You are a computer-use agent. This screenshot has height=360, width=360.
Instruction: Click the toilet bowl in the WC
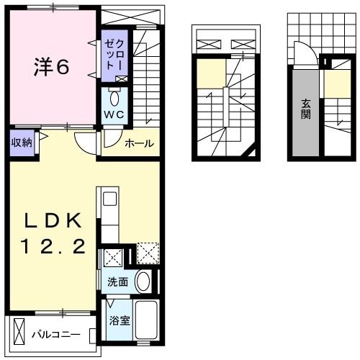114,98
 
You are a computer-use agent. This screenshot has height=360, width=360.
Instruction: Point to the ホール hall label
139,144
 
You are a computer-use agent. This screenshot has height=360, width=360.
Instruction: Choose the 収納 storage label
22,142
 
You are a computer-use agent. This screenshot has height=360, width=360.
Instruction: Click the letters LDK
50,220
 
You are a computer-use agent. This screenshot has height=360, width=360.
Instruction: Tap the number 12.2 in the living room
50,247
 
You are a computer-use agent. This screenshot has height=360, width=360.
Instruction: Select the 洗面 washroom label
117,282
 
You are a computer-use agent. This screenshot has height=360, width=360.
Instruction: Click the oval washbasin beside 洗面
143,282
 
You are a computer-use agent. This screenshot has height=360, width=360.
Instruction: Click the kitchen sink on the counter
110,200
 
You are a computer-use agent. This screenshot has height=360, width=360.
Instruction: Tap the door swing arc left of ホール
88,142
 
